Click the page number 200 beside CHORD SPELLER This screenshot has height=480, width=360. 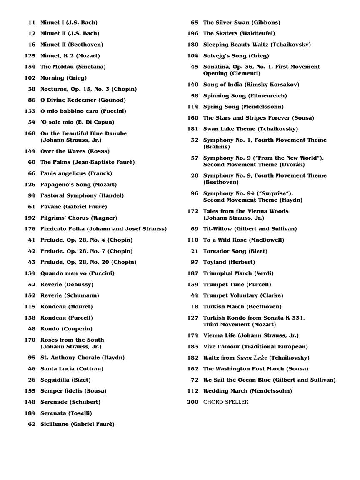(x=192, y=402)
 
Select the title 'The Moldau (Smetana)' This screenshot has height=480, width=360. (x=73, y=67)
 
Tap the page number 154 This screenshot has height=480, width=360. (x=30, y=67)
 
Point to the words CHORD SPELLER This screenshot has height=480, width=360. (x=225, y=402)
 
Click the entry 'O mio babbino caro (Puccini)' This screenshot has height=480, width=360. (x=83, y=111)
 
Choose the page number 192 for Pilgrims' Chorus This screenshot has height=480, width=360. (x=30, y=218)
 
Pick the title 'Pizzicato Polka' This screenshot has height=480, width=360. (x=65, y=229)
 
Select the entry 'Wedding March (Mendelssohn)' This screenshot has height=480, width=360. (x=247, y=391)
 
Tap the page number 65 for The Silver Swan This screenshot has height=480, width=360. (x=195, y=22)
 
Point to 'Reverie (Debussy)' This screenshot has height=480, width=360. (x=67, y=285)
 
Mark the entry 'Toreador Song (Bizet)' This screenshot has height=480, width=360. (x=235, y=251)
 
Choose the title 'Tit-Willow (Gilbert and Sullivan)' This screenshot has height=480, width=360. (x=250, y=229)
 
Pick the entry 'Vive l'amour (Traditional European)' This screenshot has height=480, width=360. (x=255, y=347)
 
